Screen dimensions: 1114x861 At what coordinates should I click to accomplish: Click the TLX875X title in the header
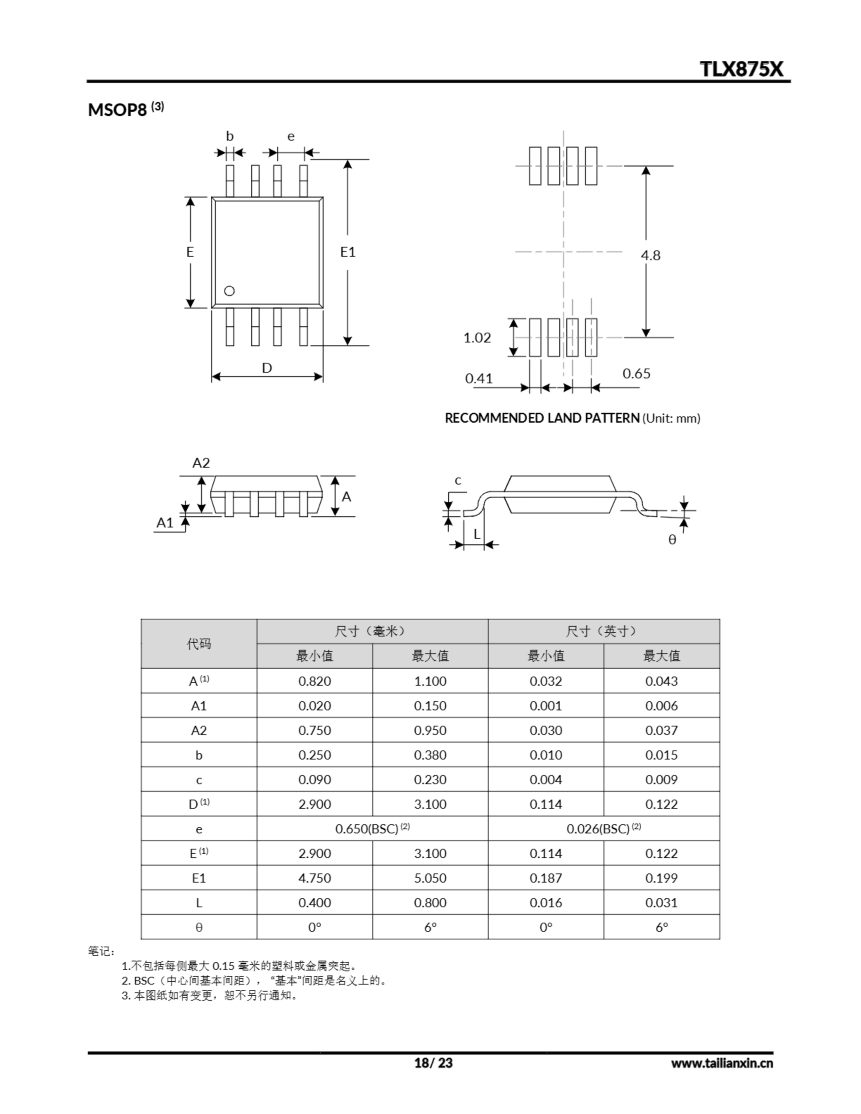[740, 69]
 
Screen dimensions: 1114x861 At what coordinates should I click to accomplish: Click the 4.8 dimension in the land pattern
[650, 255]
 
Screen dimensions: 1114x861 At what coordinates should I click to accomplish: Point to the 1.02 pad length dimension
[477, 338]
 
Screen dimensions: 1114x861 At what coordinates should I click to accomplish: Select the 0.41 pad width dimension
[479, 379]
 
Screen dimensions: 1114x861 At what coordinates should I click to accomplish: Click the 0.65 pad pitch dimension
[636, 373]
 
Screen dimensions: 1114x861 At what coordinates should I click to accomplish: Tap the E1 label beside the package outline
[347, 252]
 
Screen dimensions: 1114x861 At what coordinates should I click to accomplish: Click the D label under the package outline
[266, 368]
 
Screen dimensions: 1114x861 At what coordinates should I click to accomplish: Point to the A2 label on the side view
[201, 463]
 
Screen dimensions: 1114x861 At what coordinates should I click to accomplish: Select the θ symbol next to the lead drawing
[672, 540]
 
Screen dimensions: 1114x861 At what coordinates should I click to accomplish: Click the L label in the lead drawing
[477, 534]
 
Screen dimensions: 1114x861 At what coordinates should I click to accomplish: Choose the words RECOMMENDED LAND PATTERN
[542, 418]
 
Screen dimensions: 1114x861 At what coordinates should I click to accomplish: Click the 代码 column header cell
[198, 644]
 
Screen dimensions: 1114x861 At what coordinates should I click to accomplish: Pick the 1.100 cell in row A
[430, 681]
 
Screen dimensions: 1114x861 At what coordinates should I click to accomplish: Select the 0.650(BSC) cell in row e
[372, 829]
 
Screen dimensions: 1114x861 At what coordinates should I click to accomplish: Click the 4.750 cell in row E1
[314, 878]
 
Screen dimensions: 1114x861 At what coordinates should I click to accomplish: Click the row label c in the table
[198, 780]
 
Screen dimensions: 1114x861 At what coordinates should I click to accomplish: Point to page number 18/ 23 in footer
[433, 1063]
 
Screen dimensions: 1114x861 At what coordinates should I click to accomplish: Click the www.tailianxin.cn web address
[722, 1063]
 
